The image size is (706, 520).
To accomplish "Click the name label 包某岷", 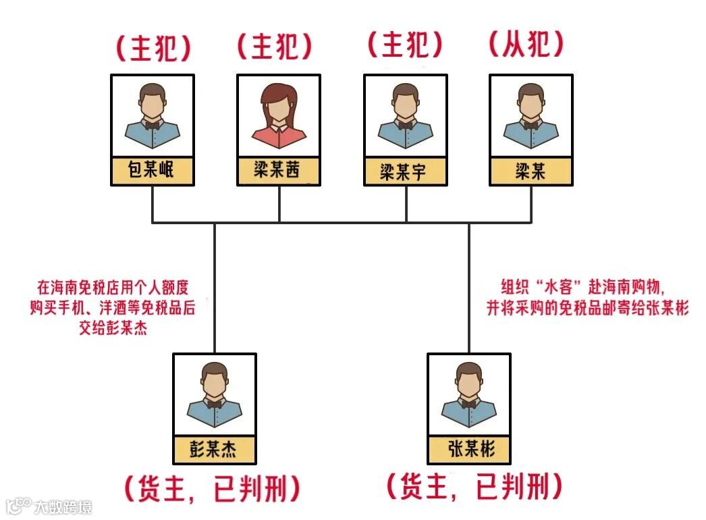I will [152, 170].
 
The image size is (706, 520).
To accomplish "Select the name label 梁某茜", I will [278, 171].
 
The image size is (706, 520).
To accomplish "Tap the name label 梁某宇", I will [404, 172].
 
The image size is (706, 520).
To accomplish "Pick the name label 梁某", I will [531, 171].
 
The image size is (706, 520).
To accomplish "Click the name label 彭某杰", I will [215, 448].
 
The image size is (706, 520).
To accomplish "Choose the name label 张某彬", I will [470, 448].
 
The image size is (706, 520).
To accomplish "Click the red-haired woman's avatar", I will [278, 115].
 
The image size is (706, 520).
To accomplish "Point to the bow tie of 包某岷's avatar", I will [152, 124].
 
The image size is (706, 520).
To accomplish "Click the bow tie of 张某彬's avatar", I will [470, 402].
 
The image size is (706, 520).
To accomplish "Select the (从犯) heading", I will [524, 46].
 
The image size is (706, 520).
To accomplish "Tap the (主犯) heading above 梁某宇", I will [406, 46].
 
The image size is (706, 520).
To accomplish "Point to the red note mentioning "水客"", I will [587, 297].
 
